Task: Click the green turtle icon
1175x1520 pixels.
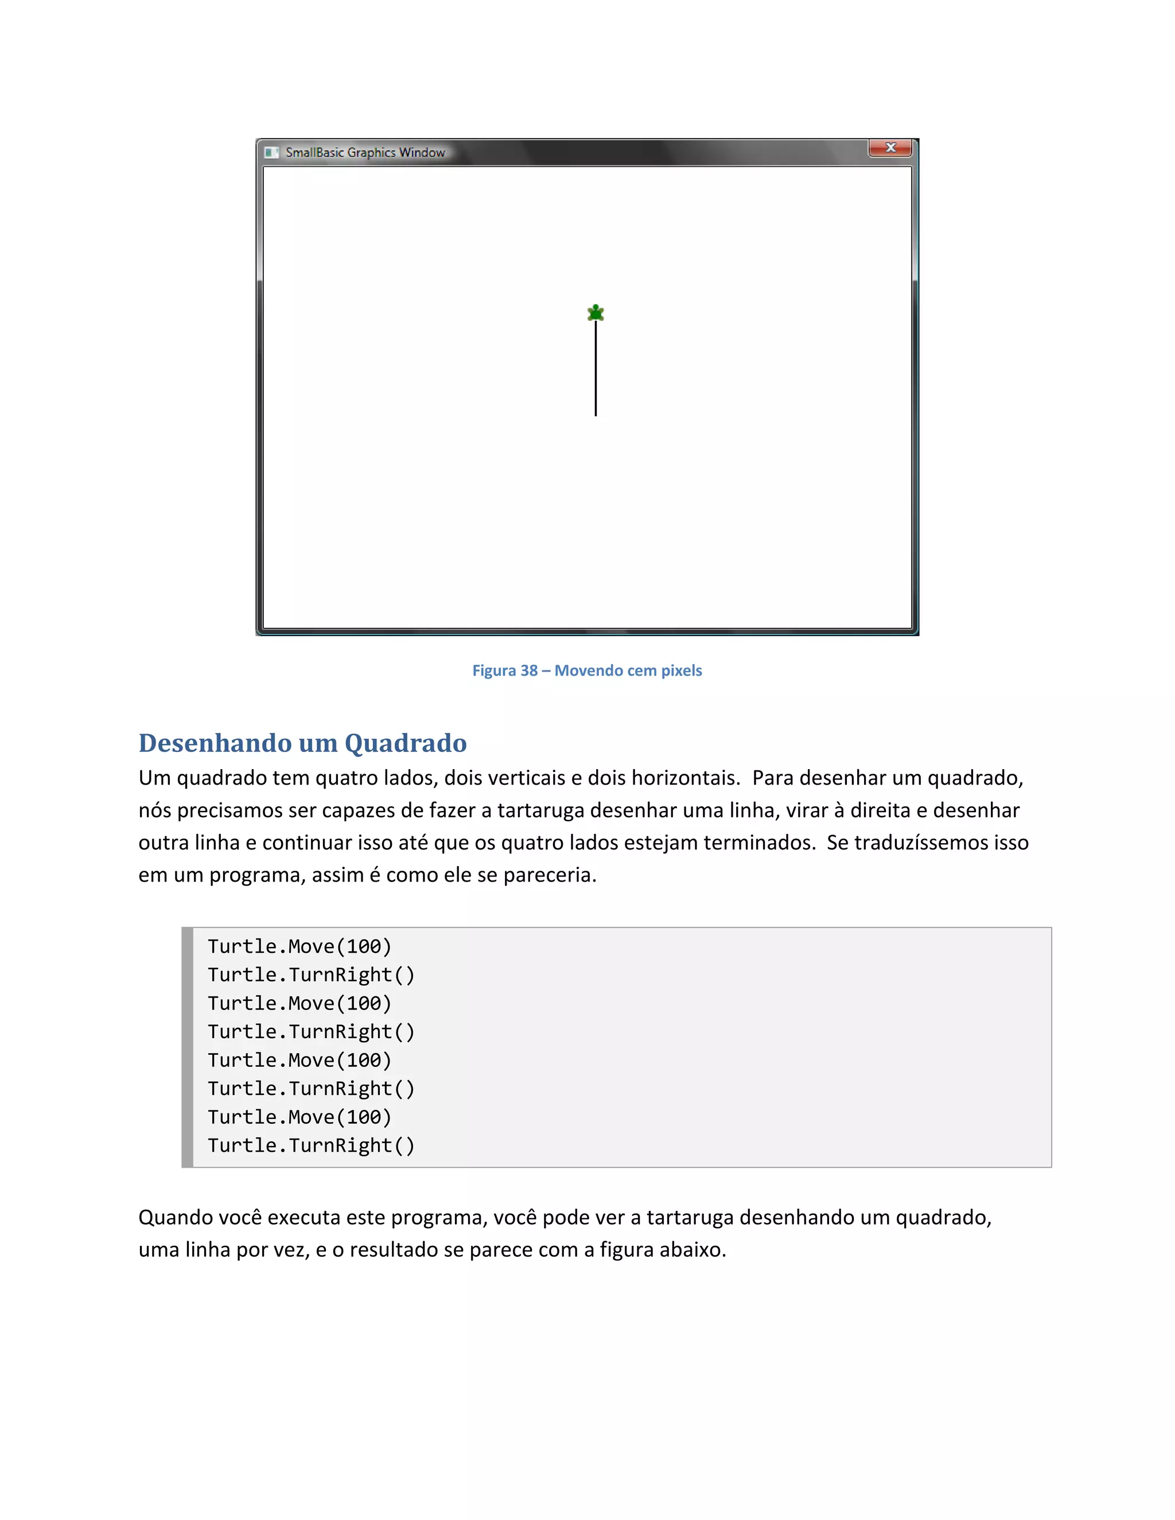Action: pos(595,313)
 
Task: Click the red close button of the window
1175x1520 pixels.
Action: pos(890,147)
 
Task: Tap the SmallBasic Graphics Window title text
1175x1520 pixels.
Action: pos(365,153)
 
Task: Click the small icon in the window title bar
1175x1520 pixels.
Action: pos(271,153)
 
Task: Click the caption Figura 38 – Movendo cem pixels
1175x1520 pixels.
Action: pos(587,670)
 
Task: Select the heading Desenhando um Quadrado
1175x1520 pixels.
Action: pos(302,743)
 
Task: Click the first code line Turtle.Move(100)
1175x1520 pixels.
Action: pos(299,946)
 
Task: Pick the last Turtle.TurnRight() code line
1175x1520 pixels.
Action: pos(310,1145)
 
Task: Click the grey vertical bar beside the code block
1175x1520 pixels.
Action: pos(187,1047)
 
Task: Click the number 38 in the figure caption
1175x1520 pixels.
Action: pos(529,670)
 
